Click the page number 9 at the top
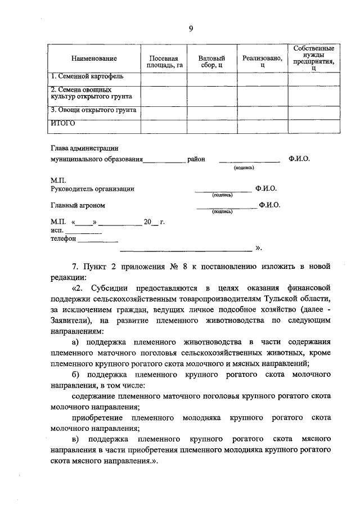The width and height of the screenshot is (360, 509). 191,30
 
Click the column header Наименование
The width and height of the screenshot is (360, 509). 94,58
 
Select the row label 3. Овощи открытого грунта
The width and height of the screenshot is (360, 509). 93,110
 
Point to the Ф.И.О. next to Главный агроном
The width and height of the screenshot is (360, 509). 269,205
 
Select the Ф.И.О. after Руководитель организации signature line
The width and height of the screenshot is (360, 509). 265,188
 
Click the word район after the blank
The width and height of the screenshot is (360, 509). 196,159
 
